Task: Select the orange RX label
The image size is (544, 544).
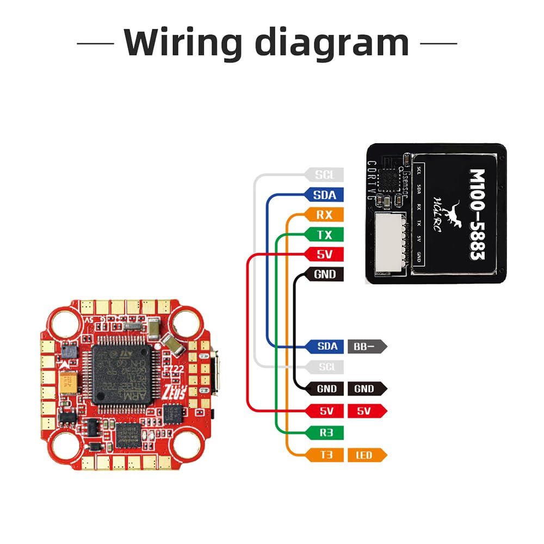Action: click(324, 214)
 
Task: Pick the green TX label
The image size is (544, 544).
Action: click(324, 234)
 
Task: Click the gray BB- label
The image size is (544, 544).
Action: click(366, 346)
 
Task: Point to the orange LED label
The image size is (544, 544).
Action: click(366, 455)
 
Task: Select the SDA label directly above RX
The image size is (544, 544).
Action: click(324, 194)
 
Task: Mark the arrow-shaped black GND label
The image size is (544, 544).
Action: click(366, 388)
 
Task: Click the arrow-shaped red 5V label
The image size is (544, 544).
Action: click(366, 411)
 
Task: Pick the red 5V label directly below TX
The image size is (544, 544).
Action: click(324, 254)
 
